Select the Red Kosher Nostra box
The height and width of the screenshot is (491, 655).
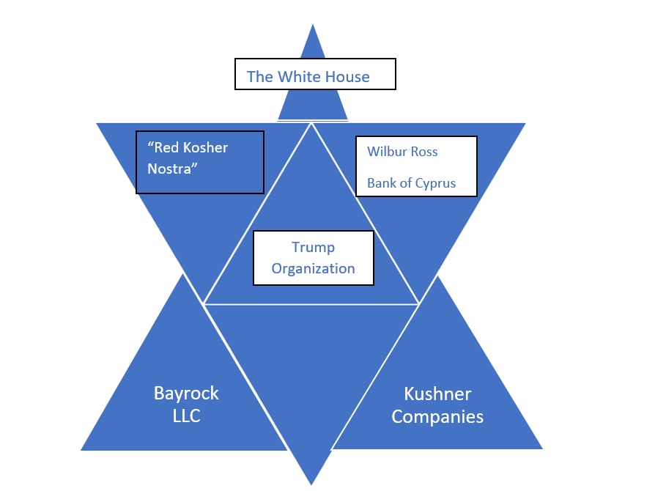point(199,162)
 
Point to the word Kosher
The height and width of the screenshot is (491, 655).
point(202,147)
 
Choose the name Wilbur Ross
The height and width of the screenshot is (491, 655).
point(402,152)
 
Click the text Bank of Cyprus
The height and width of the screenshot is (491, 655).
point(411,183)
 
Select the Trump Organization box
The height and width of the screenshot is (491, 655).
point(313,258)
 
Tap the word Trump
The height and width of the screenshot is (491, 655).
point(313,248)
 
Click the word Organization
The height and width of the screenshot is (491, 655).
point(313,268)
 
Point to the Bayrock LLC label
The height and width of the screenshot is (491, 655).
point(186,405)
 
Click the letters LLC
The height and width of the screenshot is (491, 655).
point(186,416)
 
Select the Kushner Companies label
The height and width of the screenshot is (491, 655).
point(437,405)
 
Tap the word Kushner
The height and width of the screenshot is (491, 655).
point(437,394)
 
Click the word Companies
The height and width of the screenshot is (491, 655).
point(437,417)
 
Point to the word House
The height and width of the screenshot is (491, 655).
point(348,76)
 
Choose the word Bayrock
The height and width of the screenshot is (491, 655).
point(186,394)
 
